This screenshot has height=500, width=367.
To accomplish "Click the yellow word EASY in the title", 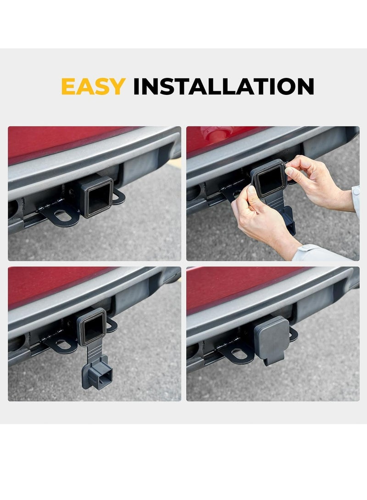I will click(x=93, y=86).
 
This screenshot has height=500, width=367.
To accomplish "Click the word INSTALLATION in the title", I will click(x=223, y=86).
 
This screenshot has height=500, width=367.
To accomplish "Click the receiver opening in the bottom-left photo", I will click(x=94, y=326).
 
